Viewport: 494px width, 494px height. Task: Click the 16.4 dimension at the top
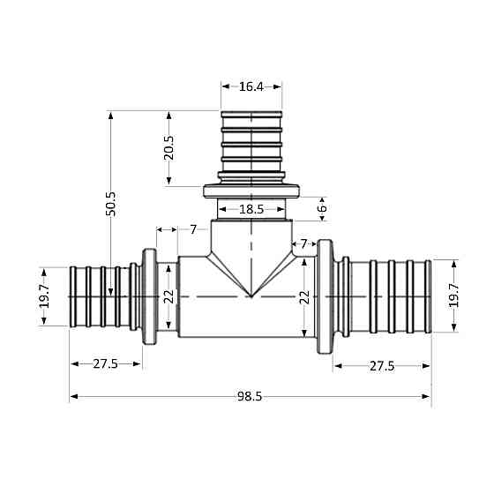(251, 86)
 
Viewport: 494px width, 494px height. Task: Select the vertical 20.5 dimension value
(169, 147)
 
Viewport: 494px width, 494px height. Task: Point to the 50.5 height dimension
(111, 204)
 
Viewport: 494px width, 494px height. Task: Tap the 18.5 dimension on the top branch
(251, 209)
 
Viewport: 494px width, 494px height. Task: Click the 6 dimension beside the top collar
(322, 208)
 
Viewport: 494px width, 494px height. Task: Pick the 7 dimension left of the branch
(193, 229)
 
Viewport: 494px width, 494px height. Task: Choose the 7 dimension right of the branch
(304, 243)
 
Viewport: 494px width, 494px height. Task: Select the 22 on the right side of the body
(303, 298)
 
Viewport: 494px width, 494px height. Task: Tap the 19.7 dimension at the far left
(44, 296)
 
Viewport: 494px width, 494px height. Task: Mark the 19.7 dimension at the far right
(454, 296)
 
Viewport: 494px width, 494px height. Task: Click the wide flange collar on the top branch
(251, 190)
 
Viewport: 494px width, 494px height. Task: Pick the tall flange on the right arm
(325, 297)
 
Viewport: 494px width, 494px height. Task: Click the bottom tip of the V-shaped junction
(251, 296)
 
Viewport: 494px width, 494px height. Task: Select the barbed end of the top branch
(251, 141)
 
